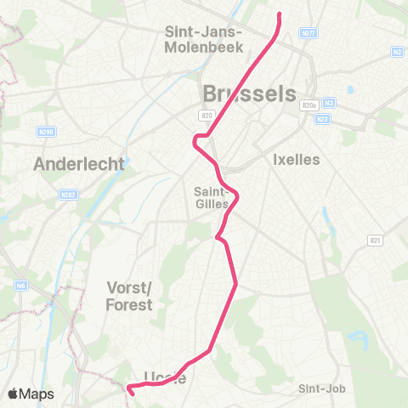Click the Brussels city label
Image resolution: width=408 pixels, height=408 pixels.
(x=248, y=93)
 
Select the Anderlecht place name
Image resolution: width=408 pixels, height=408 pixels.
(x=79, y=164)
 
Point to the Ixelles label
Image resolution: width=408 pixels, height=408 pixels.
(x=297, y=159)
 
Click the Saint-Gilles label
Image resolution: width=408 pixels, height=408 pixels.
(x=210, y=196)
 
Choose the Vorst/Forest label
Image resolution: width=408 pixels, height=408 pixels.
(x=130, y=296)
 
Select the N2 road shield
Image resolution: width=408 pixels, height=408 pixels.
(x=397, y=51)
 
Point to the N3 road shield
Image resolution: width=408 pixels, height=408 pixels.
(x=330, y=105)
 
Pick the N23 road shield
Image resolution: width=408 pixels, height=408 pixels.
(x=323, y=119)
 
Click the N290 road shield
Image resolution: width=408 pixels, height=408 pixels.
(x=46, y=133)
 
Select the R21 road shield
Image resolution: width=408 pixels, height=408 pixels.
(x=375, y=241)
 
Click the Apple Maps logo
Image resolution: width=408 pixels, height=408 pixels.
(x=31, y=394)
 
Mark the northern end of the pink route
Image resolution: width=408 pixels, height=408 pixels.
(x=280, y=14)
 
